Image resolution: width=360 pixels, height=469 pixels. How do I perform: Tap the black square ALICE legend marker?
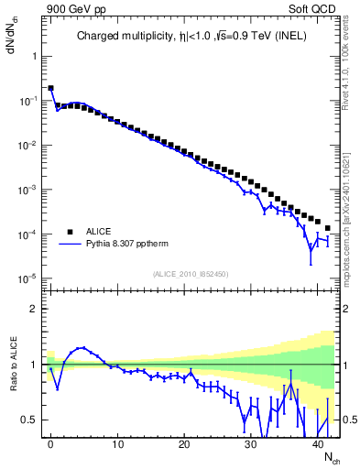(68, 232)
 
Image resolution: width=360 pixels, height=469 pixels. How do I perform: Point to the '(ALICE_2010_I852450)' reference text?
(191, 274)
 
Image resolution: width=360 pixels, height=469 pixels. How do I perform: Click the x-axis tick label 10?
(117, 443)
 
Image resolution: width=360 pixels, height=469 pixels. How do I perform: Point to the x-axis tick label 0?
(50, 443)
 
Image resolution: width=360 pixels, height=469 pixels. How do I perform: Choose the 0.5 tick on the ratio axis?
(31, 420)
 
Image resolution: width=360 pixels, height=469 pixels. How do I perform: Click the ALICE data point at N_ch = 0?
(50, 89)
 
